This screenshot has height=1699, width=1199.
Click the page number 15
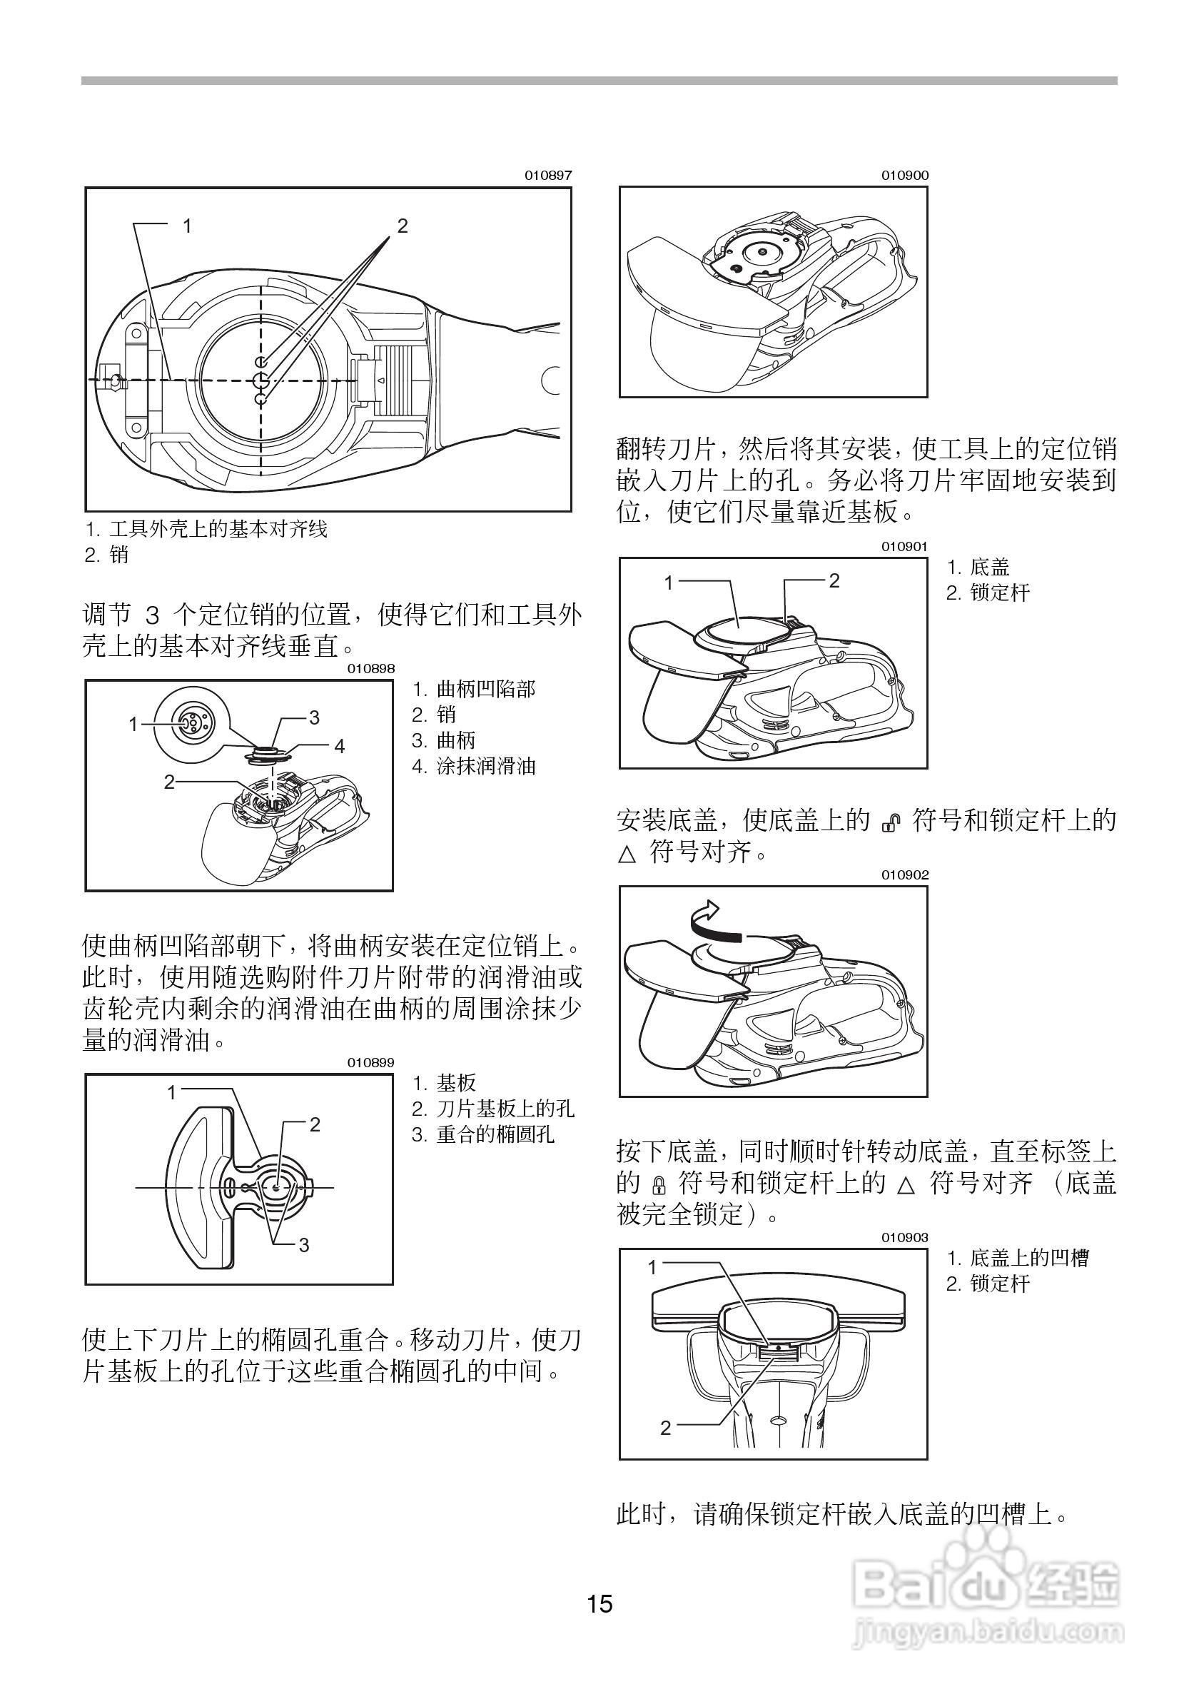click(600, 1604)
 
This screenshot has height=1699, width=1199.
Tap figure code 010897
click(548, 176)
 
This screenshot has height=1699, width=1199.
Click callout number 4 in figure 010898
click(340, 747)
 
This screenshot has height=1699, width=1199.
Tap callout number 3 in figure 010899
click(304, 1245)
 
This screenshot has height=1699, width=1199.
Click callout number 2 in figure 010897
click(403, 226)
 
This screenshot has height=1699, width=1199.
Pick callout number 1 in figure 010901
click(669, 583)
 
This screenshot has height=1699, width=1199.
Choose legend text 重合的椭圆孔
click(495, 1134)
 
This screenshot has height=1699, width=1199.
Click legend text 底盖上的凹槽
click(1029, 1258)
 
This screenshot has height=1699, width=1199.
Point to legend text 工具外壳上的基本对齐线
click(218, 529)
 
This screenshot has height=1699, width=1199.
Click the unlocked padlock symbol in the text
click(891, 822)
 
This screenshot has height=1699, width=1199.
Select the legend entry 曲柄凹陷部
click(485, 690)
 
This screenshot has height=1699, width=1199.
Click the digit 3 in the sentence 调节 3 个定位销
click(153, 615)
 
